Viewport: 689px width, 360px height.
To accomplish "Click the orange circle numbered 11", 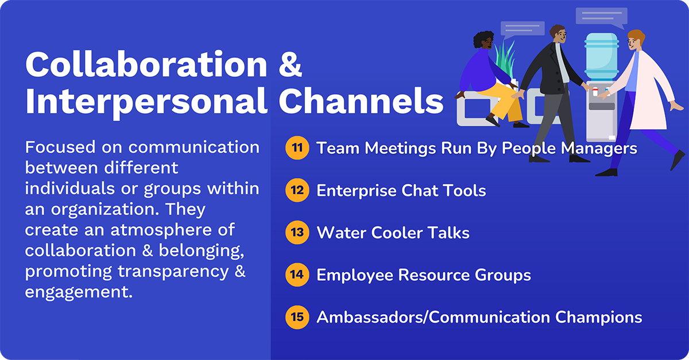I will point(297,148).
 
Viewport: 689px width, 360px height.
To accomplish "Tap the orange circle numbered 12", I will point(297,190).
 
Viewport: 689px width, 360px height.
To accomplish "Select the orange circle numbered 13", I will point(297,233).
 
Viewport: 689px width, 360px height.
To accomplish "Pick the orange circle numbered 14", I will point(297,274).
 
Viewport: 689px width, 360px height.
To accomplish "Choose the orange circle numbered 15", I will point(297,317).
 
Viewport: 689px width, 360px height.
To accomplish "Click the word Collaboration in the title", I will point(146,65).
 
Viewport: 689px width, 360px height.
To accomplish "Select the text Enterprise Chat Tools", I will point(401,191).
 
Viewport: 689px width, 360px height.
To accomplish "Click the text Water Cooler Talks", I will point(393,233).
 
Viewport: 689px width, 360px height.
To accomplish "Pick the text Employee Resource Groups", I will point(424,275).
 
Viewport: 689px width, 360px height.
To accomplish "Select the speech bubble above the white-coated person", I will point(601,17).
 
